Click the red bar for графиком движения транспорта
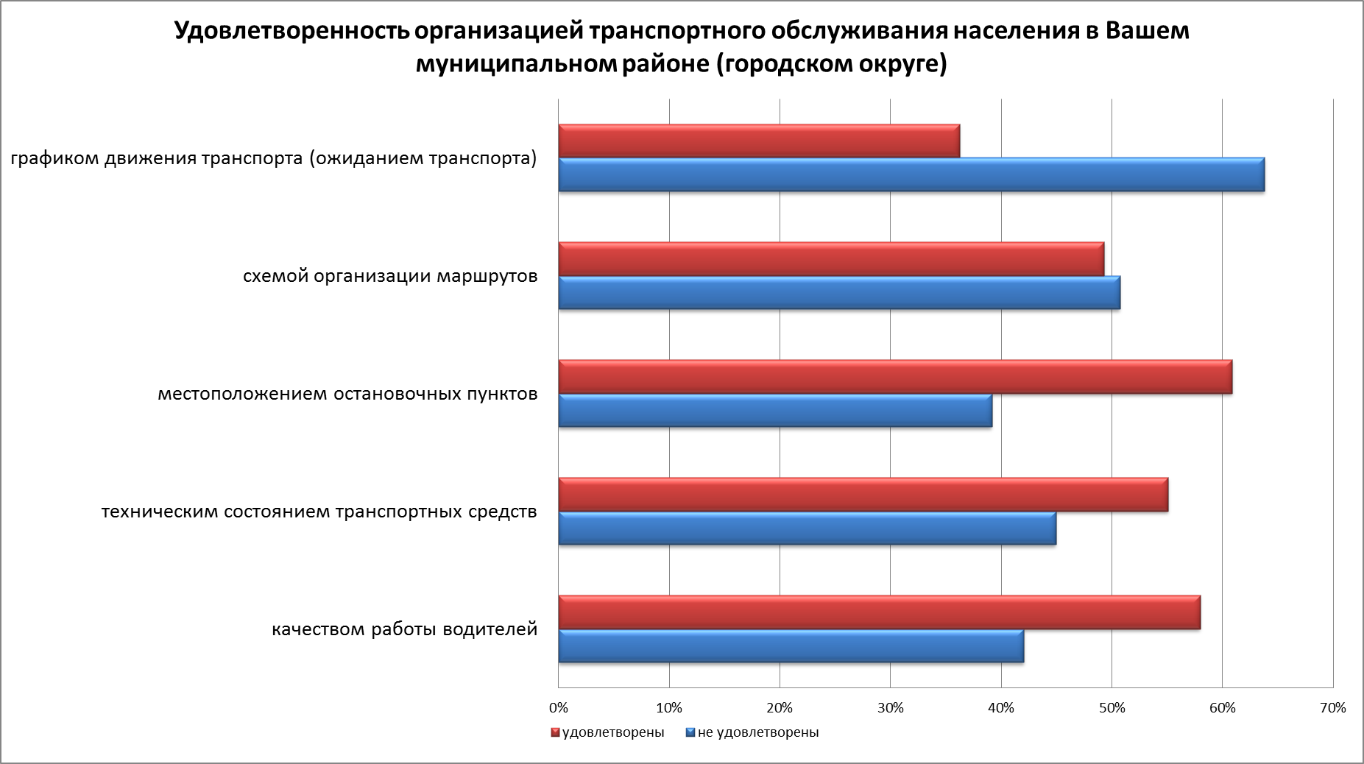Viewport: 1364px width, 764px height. (x=758, y=141)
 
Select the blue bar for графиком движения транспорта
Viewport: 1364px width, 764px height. (x=911, y=175)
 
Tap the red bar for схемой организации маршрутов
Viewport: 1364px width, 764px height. (x=830, y=258)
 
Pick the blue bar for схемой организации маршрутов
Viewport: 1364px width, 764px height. (x=839, y=293)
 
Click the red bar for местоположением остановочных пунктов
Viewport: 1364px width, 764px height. (x=894, y=376)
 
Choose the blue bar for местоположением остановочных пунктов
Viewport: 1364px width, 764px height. (x=774, y=411)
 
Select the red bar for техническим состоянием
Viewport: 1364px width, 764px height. (x=863, y=494)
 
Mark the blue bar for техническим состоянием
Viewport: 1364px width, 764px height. (x=807, y=528)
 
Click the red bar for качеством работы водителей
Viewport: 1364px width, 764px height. (x=879, y=612)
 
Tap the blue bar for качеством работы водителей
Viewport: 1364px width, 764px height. (x=791, y=646)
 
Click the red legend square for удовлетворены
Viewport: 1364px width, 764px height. (x=555, y=733)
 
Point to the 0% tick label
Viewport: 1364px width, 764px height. (x=559, y=709)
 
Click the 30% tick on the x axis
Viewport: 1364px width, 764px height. (x=890, y=709)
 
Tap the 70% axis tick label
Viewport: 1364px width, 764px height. (x=1333, y=709)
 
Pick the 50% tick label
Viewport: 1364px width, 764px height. (x=1112, y=709)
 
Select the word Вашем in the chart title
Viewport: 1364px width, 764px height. (x=1148, y=32)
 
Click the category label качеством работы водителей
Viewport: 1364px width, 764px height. (x=405, y=630)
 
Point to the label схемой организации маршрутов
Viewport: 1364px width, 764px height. (x=390, y=277)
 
